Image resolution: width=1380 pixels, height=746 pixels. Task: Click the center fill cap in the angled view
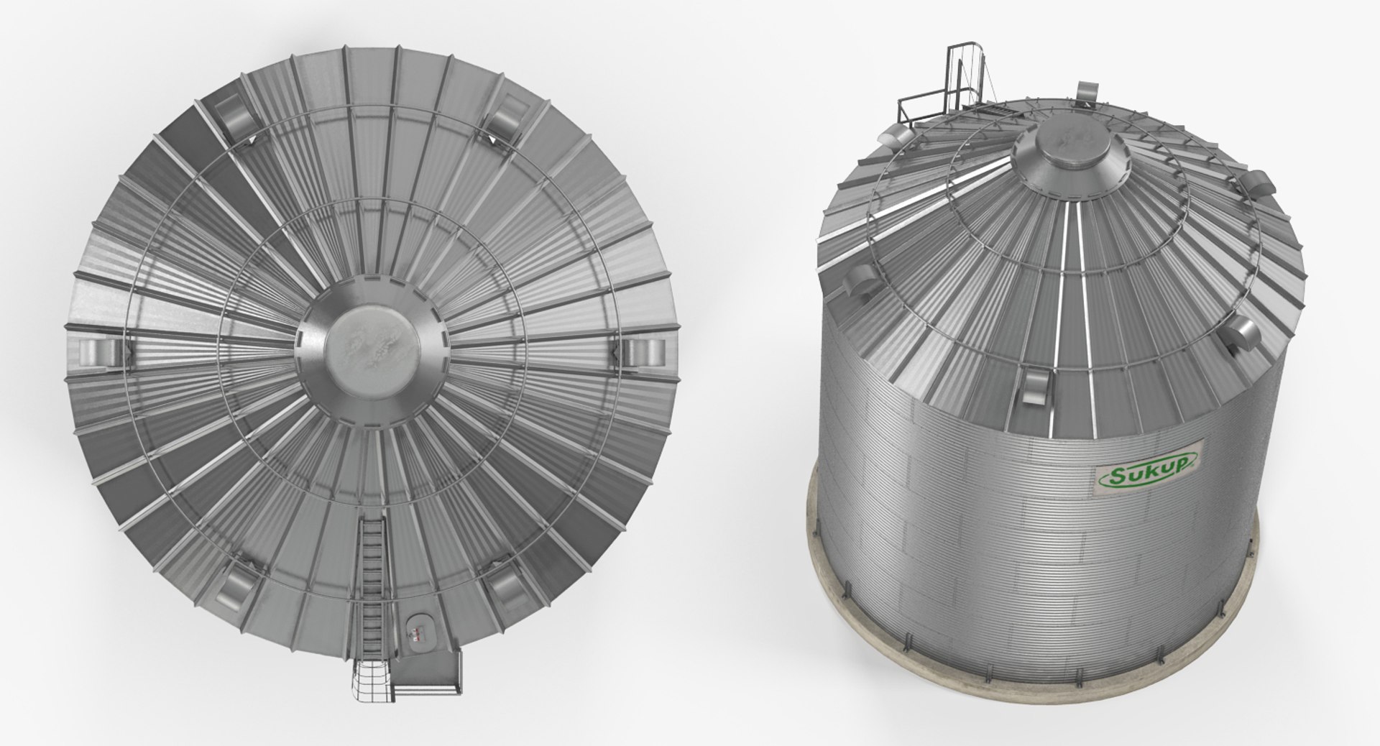tap(1069, 159)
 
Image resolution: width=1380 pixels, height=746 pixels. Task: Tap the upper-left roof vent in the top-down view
tap(234, 117)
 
